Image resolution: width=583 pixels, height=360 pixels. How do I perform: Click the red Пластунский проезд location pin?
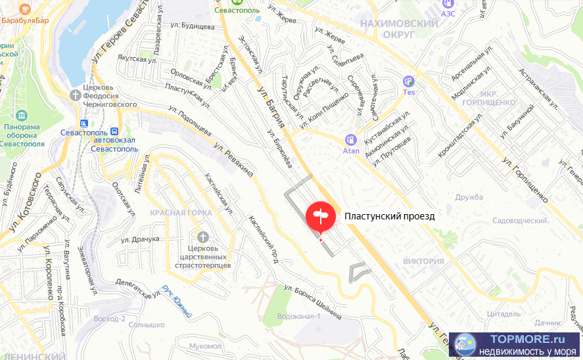[x=320, y=216]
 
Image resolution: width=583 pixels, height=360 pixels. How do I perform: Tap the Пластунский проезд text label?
[x=389, y=215]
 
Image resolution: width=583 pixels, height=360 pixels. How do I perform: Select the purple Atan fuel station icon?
[x=351, y=139]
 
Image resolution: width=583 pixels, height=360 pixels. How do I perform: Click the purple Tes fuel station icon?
[x=409, y=81]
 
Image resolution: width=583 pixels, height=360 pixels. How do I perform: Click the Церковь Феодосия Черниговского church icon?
[x=76, y=95]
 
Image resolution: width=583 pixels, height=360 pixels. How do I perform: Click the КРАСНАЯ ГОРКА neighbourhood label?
[x=181, y=213]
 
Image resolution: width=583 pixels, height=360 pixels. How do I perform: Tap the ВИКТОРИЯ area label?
[x=424, y=261]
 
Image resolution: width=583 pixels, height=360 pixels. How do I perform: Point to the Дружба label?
[x=469, y=197]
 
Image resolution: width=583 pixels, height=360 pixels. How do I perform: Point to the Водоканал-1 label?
[x=298, y=317]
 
